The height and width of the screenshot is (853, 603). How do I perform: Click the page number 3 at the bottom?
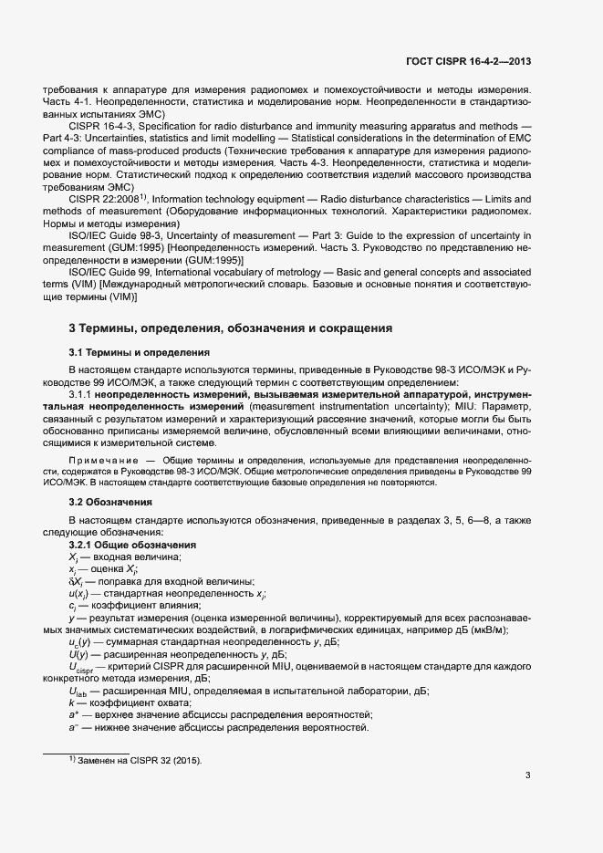(528, 775)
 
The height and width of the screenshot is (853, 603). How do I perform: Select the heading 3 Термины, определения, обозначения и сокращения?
(231, 328)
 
